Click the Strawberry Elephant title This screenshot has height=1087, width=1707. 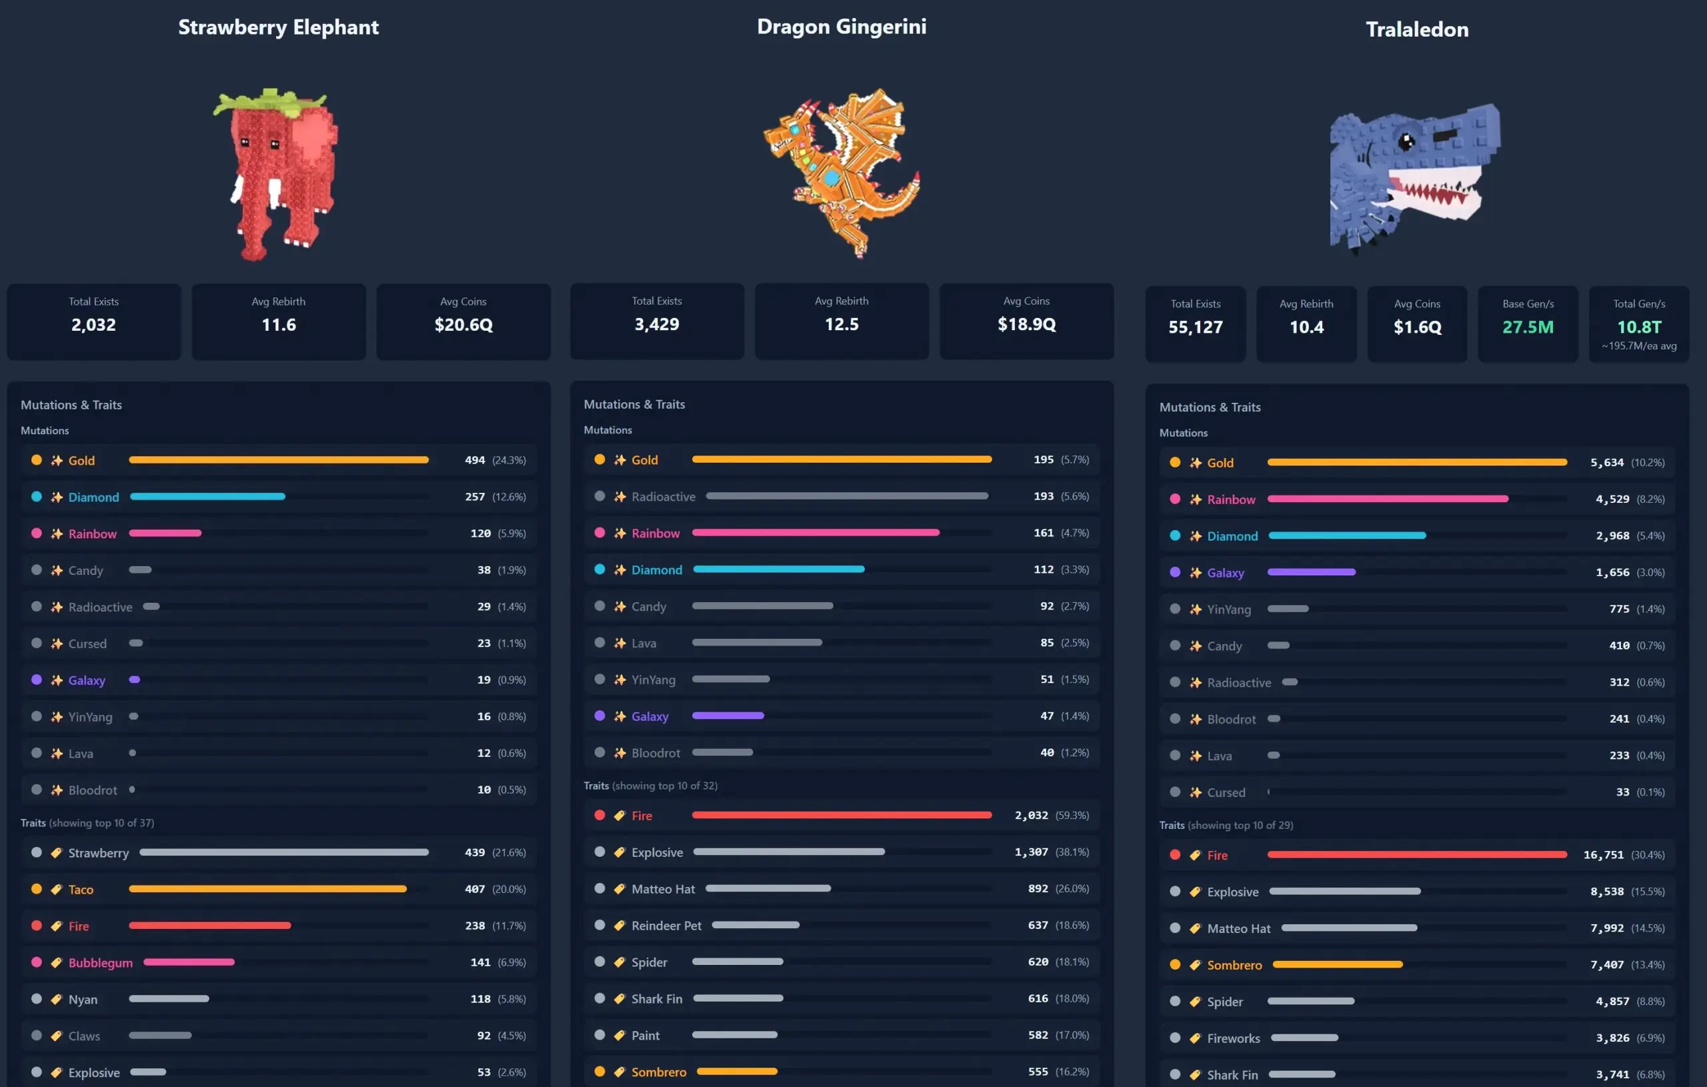[278, 27]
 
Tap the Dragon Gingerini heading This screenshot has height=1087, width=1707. [841, 26]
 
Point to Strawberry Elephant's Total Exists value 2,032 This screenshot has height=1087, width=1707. [93, 325]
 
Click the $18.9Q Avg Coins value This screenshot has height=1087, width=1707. [1026, 324]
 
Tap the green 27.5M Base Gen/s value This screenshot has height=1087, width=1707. [1528, 327]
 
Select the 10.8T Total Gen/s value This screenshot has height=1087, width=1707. [1638, 327]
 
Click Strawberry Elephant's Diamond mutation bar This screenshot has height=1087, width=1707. [207, 496]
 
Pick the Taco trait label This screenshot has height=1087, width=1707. [81, 889]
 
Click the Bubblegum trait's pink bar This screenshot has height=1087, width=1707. [189, 962]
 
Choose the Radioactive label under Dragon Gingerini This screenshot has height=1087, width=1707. [663, 496]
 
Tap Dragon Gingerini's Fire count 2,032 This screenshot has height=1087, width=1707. [1031, 816]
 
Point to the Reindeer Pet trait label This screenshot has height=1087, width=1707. [665, 926]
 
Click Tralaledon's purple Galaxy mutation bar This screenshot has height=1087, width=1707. [1311, 572]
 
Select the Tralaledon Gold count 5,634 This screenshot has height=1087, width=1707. [1606, 462]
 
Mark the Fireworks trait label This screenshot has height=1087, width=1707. [1233, 1038]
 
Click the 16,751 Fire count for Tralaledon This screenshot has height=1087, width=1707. [1603, 855]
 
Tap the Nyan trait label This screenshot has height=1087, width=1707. [83, 999]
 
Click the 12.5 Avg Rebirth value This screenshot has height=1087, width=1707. [841, 324]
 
